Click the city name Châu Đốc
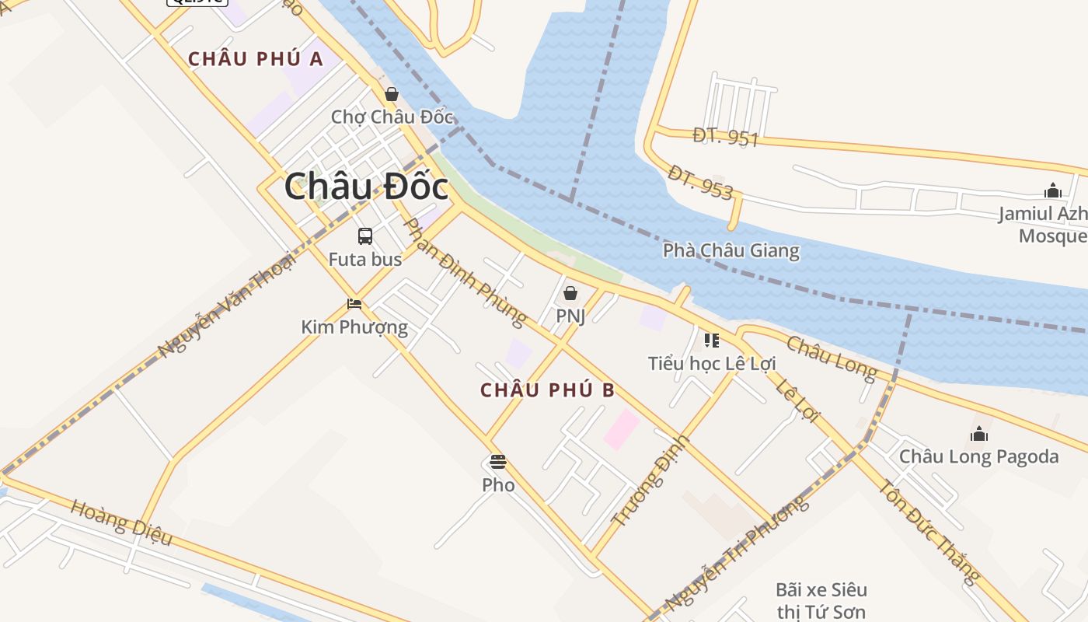pos(366,187)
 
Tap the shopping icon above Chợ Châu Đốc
pos(392,94)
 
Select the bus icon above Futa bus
pos(365,236)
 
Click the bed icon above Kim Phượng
pos(354,304)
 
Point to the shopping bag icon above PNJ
pos(570,293)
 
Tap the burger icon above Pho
pos(498,462)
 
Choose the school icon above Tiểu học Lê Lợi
pos(712,340)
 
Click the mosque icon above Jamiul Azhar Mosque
pos(1053,190)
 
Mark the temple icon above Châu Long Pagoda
pos(979,434)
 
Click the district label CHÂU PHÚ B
pos(547,390)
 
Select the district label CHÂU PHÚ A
pos(256,59)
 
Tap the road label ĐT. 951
pos(725,137)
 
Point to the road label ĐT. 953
pos(700,183)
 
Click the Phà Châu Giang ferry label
pos(731,250)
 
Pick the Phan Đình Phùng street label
pos(466,271)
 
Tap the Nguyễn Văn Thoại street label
pos(227,304)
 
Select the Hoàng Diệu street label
pos(120,522)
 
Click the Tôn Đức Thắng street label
pos(929,532)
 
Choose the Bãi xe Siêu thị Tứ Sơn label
pos(821,601)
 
